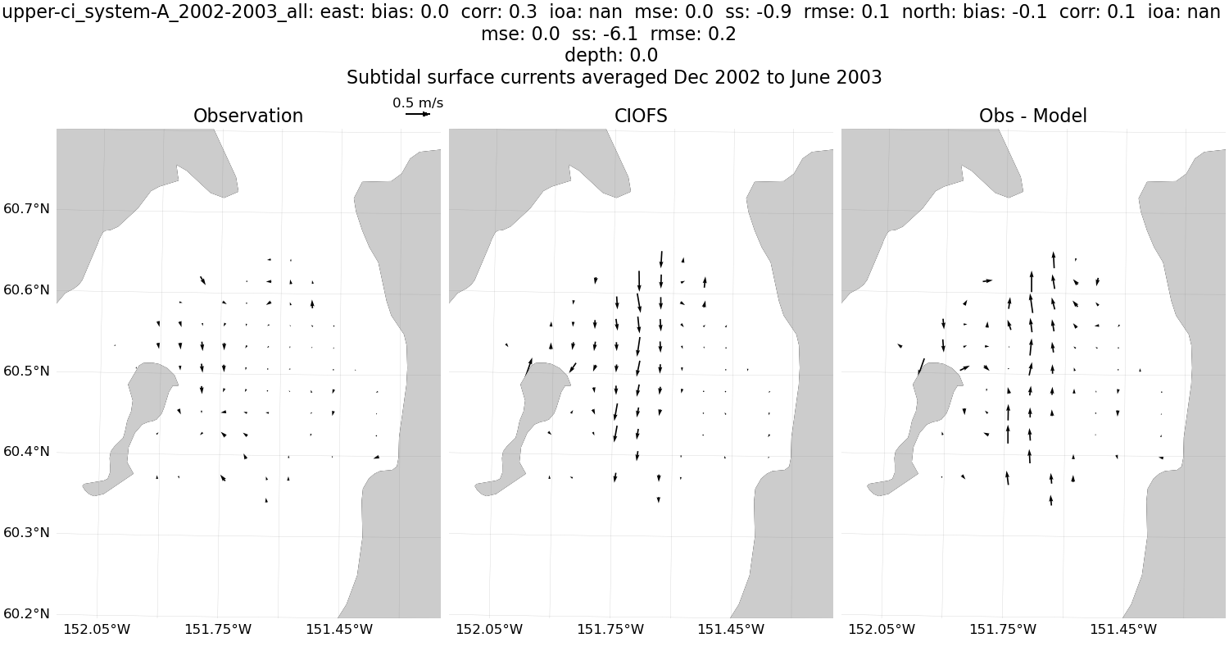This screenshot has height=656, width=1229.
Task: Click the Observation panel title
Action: click(x=248, y=116)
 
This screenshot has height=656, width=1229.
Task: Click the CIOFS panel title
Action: click(x=641, y=116)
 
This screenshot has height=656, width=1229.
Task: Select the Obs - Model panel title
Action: click(x=1032, y=116)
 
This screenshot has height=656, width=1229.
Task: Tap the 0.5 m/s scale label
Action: click(x=418, y=102)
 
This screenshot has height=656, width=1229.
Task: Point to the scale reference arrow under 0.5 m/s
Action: click(x=418, y=114)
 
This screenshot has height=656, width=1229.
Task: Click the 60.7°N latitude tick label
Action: click(x=26, y=208)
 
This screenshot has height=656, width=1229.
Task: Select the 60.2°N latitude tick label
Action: click(x=26, y=614)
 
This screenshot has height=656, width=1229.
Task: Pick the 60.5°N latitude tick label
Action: click(x=26, y=371)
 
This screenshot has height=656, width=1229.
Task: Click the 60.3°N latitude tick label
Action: click(x=26, y=533)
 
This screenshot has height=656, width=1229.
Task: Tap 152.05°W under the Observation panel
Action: click(x=97, y=630)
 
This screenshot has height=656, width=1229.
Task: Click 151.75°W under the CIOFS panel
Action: click(x=610, y=630)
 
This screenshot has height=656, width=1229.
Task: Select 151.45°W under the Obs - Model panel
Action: click(x=1123, y=630)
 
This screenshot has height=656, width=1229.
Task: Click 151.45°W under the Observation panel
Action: click(x=339, y=630)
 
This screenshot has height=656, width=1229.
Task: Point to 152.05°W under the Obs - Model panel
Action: click(x=881, y=630)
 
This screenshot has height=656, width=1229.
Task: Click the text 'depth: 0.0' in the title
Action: click(x=610, y=56)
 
